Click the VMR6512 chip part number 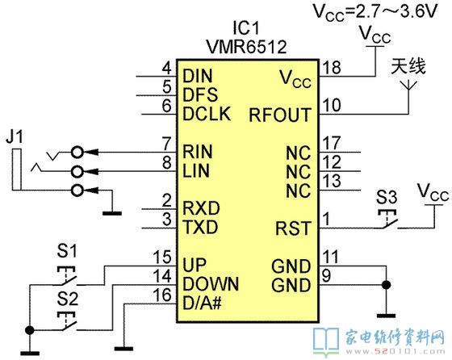pos(246,46)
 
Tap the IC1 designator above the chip pos(246,28)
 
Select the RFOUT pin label pos(280,115)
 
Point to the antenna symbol pos(408,86)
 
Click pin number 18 pos(332,68)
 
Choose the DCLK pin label pos(207,114)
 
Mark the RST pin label pos(294,228)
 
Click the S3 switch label pos(387,198)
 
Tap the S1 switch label pos(67,250)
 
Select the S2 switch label pos(68,299)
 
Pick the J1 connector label pos(15,136)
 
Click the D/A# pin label pos(202,303)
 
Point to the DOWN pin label pos(211,284)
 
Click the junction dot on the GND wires pos(387,285)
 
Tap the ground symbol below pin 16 pos(123,349)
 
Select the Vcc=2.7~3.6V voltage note pos(375,12)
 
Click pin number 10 pos(332,105)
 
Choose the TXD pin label pos(201,227)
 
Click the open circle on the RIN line pos(77,152)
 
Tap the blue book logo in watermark pos(326,342)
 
